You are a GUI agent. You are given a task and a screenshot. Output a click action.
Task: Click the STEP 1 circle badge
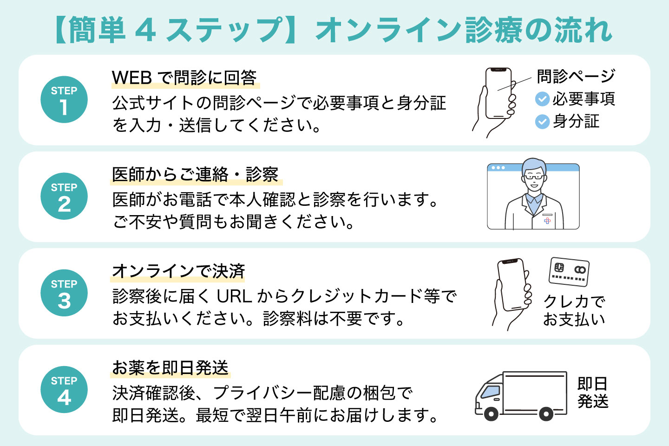pos(64,99)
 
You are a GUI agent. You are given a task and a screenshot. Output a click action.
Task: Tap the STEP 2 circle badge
pos(64,196)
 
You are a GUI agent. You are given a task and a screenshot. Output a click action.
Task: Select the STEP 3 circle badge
pos(64,293)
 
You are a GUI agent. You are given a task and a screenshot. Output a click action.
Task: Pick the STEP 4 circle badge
pos(64,389)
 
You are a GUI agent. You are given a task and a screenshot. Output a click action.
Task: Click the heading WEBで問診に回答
pos(184,78)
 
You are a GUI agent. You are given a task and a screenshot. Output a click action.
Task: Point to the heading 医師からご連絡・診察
pos(195,174)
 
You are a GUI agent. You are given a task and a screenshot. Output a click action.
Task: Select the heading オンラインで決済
pos(178,271)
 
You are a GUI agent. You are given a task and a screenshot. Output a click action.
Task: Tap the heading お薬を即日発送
pos(171,367)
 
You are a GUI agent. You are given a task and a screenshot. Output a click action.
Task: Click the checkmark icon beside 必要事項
pos(542,99)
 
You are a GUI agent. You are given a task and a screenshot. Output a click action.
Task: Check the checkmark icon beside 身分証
pos(542,122)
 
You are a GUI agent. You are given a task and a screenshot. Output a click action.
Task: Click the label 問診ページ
pos(576,76)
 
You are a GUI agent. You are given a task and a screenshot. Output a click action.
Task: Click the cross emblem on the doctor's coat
pos(547,220)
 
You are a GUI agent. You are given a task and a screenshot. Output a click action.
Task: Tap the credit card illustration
pos(569,271)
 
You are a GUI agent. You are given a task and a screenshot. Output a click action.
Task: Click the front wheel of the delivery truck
pos(491,413)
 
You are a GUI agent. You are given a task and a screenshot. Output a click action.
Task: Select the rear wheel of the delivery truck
pos(546,413)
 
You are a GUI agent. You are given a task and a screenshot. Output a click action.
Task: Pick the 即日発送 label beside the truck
pos(592,393)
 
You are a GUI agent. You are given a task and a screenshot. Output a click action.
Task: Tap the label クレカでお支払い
pos(574,310)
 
